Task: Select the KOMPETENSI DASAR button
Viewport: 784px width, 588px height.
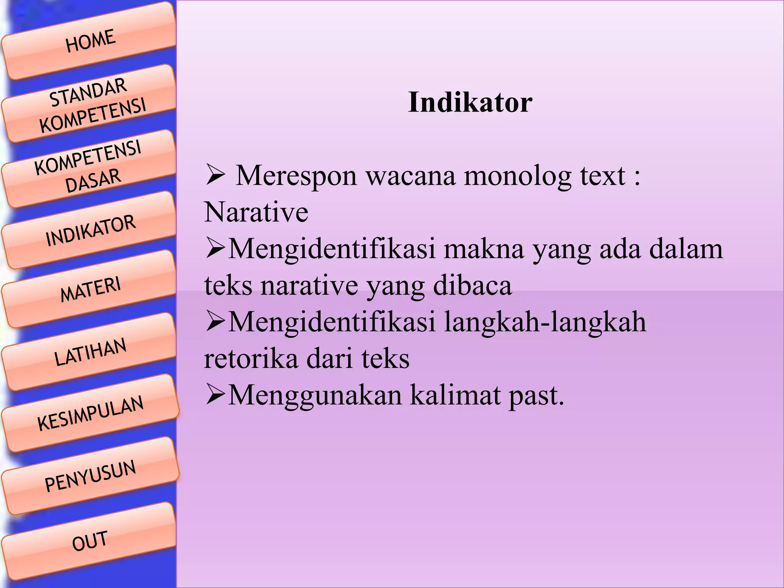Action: (x=90, y=168)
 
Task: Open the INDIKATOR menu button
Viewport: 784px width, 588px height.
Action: (x=90, y=230)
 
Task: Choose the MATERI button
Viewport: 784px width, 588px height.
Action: (x=90, y=289)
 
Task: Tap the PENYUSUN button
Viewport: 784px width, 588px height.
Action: (x=90, y=475)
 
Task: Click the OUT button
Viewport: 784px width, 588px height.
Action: (x=90, y=541)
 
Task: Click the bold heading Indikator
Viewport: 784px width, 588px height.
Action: (x=470, y=103)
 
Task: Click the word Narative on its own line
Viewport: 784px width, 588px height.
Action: (x=256, y=212)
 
